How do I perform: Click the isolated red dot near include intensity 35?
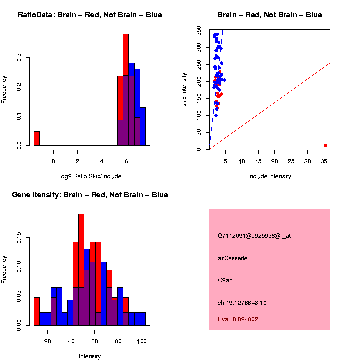pos(325,145)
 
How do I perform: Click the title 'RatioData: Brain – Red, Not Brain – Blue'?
pos(90,15)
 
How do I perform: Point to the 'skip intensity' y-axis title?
pos(184,89)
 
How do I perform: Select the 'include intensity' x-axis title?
pos(270,176)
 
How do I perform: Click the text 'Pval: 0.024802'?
pos(238,319)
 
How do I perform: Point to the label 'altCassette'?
pos(233,258)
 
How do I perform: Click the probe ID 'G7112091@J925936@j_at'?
pos(254,236)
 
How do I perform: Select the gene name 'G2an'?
pos(225,280)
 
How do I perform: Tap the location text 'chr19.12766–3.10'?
pos(242,303)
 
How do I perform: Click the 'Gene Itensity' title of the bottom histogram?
pos(90,195)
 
